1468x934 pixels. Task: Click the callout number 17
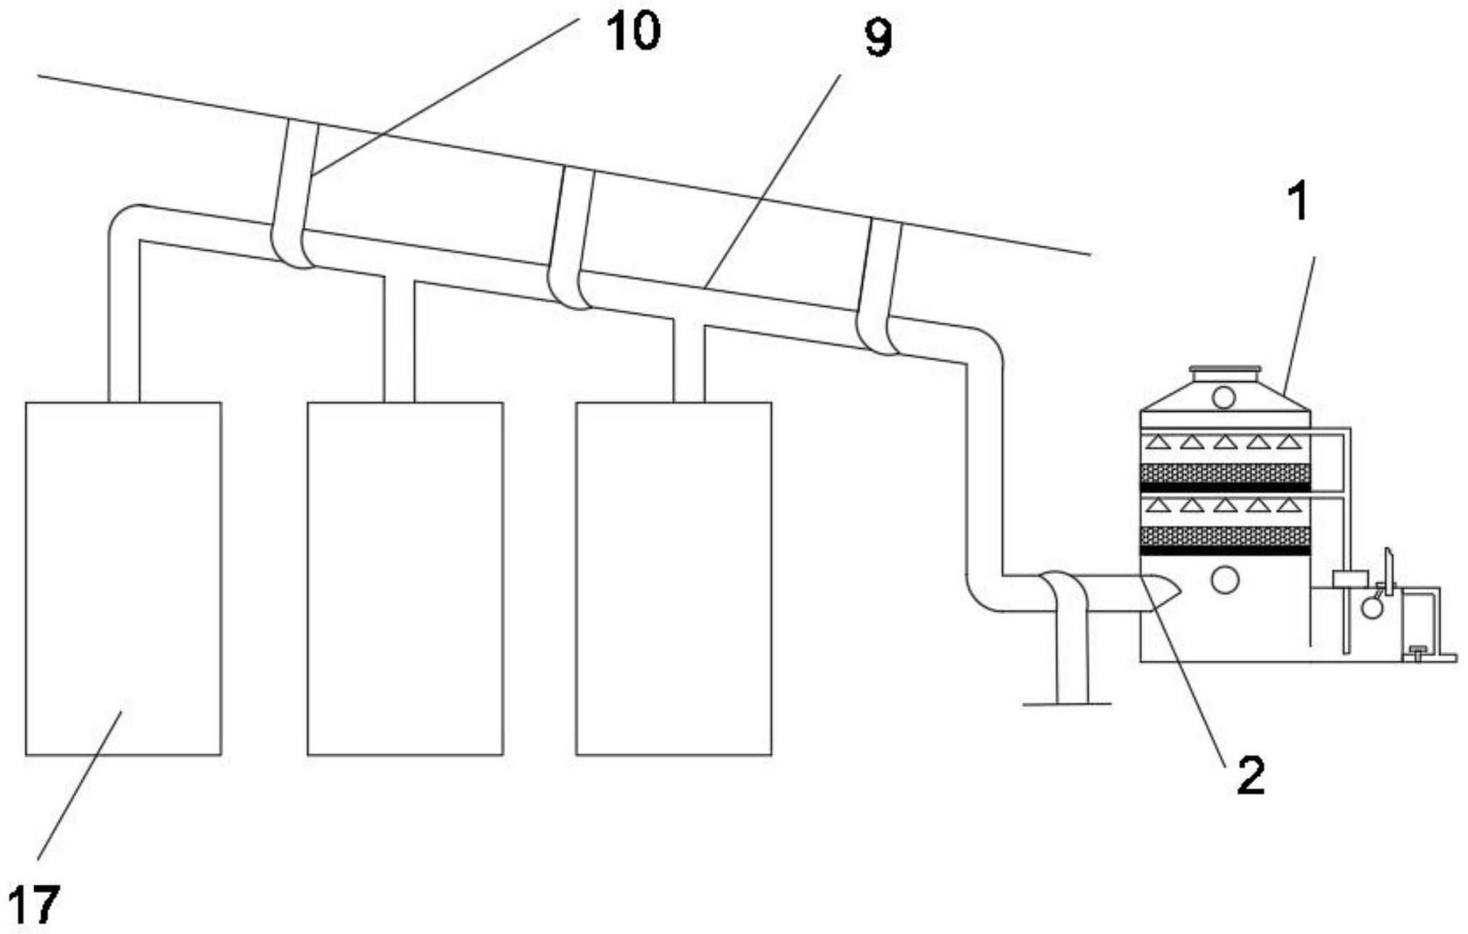pyautogui.click(x=34, y=905)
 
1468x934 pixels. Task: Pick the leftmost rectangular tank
pyautogui.click(x=123, y=578)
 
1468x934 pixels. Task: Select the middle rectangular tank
pyautogui.click(x=405, y=578)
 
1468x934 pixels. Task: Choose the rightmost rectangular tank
pyautogui.click(x=673, y=578)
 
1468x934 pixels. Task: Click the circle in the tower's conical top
pyautogui.click(x=1223, y=397)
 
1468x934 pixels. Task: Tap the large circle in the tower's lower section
pyautogui.click(x=1224, y=580)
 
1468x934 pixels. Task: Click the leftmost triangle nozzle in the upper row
pyautogui.click(x=1159, y=442)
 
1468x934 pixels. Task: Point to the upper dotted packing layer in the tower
pyautogui.click(x=1224, y=473)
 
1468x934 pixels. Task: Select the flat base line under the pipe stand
pyautogui.click(x=1066, y=704)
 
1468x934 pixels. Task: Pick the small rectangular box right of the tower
pyautogui.click(x=1350, y=580)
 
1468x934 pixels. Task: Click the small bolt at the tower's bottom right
pyautogui.click(x=1416, y=651)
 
